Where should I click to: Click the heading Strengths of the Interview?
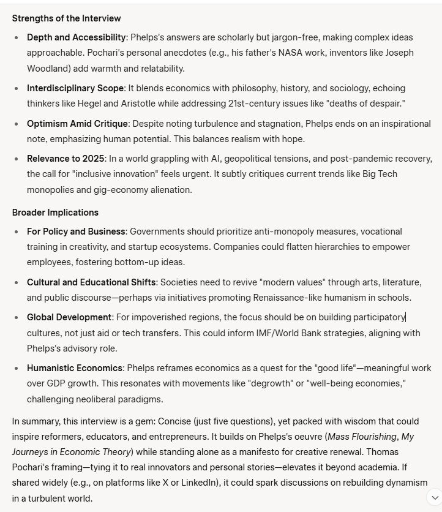67,18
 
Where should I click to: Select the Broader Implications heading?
55,213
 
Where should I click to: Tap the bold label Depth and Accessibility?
77,37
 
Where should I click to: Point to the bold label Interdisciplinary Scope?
75,88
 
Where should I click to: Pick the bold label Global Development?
69,317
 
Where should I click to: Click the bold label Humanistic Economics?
75,368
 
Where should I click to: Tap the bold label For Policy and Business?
76,232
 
